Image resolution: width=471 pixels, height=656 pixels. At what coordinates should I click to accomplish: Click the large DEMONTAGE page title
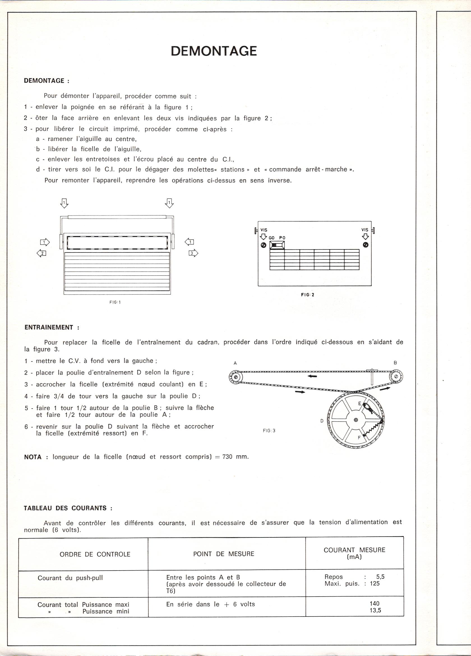click(214, 51)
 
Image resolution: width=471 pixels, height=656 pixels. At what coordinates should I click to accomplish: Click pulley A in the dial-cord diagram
click(235, 377)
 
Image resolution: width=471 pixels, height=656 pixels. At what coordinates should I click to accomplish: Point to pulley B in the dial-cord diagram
click(396, 377)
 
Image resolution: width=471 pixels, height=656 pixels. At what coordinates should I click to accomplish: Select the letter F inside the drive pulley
click(359, 438)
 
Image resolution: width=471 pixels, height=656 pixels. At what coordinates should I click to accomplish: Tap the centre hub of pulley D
click(356, 420)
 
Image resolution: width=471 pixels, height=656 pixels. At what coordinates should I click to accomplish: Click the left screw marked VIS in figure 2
click(264, 245)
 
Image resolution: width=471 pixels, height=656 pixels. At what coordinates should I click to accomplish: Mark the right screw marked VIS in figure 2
click(365, 245)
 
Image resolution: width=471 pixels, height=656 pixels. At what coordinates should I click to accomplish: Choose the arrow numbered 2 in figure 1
click(42, 253)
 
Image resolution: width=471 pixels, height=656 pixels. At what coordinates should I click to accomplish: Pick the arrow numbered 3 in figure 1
click(193, 253)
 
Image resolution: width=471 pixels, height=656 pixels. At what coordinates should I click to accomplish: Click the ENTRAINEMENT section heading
click(52, 327)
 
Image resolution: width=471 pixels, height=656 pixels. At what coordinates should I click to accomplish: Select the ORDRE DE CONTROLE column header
click(95, 554)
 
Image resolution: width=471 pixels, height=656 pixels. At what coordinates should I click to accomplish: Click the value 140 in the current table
click(374, 603)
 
